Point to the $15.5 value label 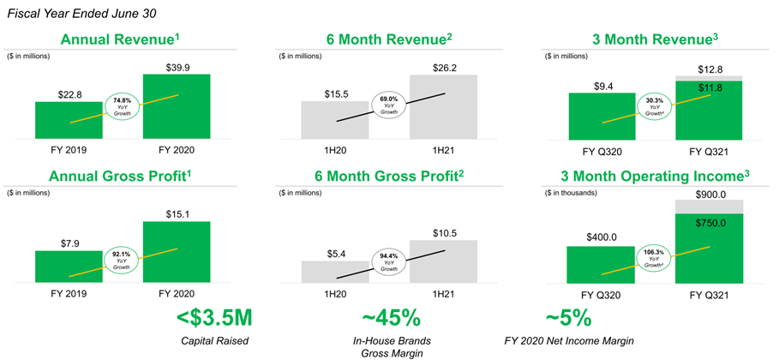(334, 92)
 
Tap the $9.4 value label (600, 84)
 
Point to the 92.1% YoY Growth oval (121, 258)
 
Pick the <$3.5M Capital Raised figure (215, 318)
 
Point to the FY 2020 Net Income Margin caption (567, 342)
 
